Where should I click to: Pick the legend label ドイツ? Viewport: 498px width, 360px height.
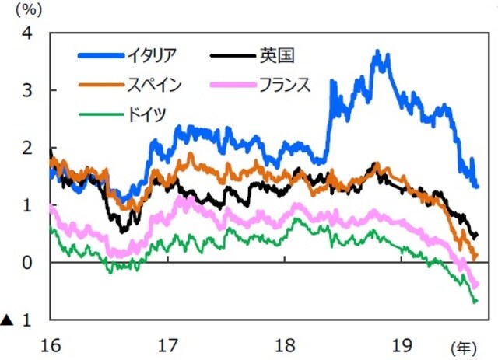point(146,114)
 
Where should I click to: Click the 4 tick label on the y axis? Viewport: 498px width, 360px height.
point(28,34)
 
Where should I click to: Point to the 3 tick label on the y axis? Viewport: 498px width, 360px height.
point(28,91)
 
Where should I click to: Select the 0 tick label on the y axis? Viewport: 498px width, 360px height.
point(28,264)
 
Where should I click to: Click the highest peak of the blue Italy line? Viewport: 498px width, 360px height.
point(377,53)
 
